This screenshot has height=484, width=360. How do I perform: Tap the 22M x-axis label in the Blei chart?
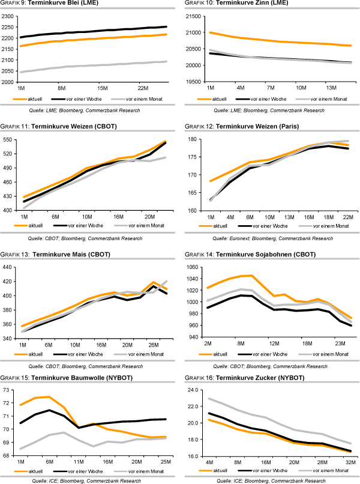(x=143, y=86)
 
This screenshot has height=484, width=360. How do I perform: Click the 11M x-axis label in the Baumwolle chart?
(x=79, y=461)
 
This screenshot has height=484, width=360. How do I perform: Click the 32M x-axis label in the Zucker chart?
(x=350, y=461)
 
